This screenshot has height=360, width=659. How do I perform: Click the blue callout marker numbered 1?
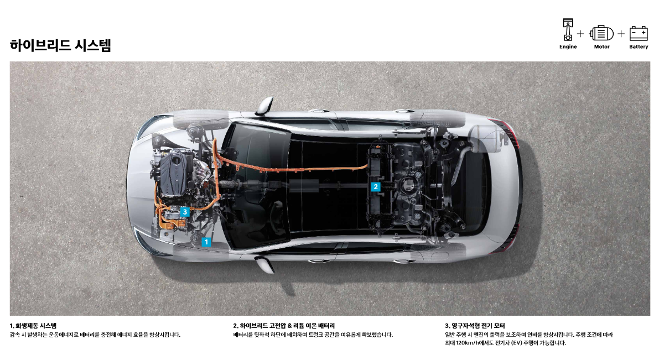tap(206, 242)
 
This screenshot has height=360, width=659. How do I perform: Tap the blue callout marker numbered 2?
tap(376, 187)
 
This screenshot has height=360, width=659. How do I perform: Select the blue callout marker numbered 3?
tap(185, 212)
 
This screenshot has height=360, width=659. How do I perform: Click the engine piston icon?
tap(568, 30)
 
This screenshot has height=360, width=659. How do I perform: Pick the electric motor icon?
tap(601, 33)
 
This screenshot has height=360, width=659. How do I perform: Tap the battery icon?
tap(639, 33)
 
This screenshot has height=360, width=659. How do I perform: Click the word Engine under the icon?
tap(568, 47)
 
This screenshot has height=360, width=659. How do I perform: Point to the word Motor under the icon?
tap(601, 47)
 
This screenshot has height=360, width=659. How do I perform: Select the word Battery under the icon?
tap(639, 47)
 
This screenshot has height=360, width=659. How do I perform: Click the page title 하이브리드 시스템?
tap(60, 45)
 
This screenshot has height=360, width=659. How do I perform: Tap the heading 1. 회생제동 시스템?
tap(33, 326)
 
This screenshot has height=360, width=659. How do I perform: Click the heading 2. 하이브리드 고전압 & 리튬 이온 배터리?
tap(284, 326)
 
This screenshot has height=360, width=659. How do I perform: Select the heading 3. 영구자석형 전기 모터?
tap(475, 326)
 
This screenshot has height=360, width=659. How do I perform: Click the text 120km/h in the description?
tap(470, 343)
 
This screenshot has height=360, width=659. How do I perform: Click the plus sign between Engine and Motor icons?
tap(580, 34)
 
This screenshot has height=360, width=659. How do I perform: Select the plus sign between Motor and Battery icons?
tap(621, 34)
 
